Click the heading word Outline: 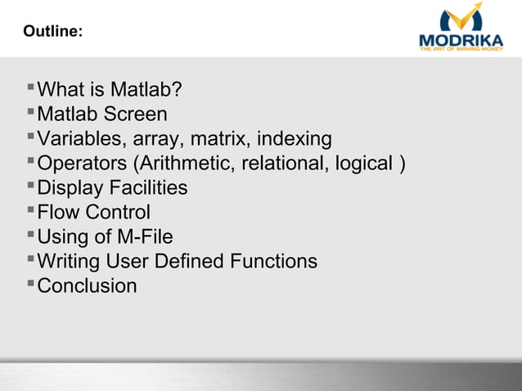52,31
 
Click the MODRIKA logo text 461,40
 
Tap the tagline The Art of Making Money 461,50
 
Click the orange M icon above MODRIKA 461,18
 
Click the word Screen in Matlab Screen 137,115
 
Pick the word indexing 293,139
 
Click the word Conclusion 88,286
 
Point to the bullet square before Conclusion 30,283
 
